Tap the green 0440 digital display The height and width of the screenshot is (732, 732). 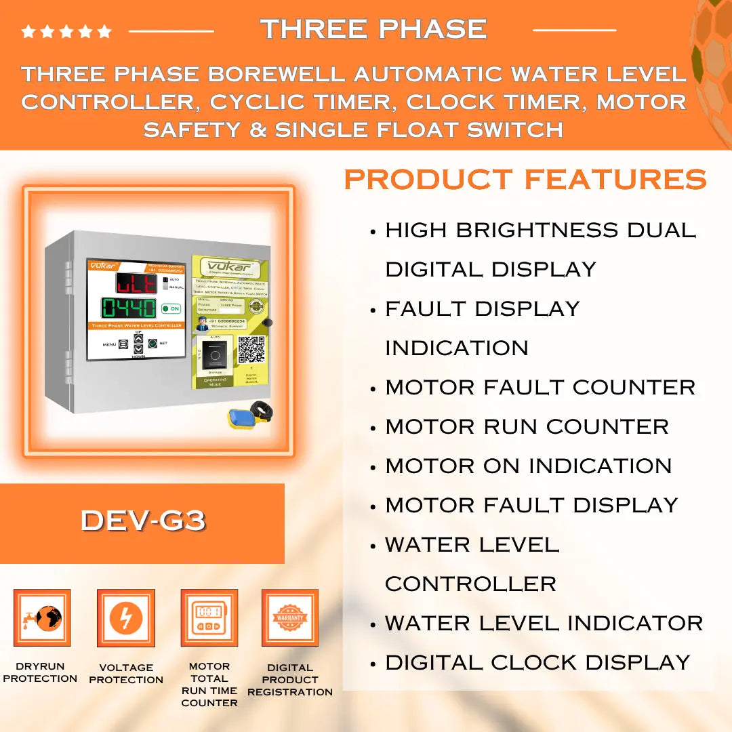[x=129, y=309]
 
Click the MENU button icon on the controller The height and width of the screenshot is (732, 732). [x=123, y=344]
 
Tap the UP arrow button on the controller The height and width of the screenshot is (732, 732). [x=138, y=338]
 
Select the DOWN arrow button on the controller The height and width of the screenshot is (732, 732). [x=138, y=349]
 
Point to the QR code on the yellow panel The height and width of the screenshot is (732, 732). [x=251, y=349]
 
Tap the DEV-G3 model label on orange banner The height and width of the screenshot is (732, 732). [x=143, y=521]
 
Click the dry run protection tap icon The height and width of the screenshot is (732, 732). [x=42, y=617]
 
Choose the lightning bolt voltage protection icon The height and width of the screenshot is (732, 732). [x=126, y=617]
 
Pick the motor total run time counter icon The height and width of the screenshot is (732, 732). [x=209, y=617]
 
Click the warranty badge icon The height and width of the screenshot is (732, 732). [x=290, y=617]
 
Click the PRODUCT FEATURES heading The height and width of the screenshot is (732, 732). [x=525, y=180]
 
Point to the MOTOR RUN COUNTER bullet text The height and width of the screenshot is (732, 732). [x=527, y=426]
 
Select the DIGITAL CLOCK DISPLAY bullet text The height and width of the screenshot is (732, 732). [x=537, y=662]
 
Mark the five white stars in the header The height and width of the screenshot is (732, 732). [x=66, y=31]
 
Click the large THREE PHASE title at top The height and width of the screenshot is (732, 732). [x=373, y=29]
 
